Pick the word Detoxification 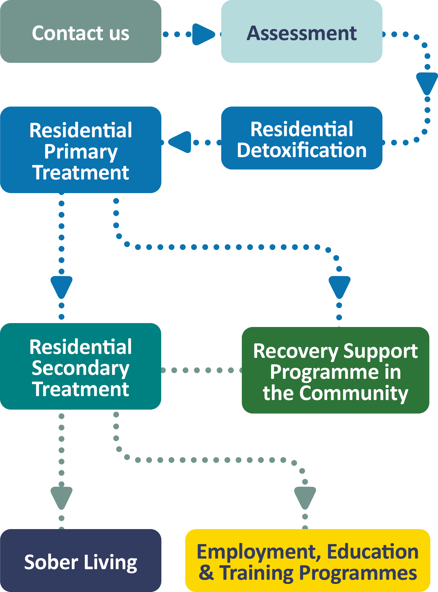pos(302,150)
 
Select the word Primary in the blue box pos(81,152)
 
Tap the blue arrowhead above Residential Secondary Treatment pos(62,286)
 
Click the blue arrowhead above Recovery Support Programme pos(339,286)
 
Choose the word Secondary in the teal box pos(81,368)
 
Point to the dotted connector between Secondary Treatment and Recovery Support pos(201,370)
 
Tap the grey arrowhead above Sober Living pos(62,497)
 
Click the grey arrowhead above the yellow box pos(305,497)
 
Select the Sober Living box pos(81,562)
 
